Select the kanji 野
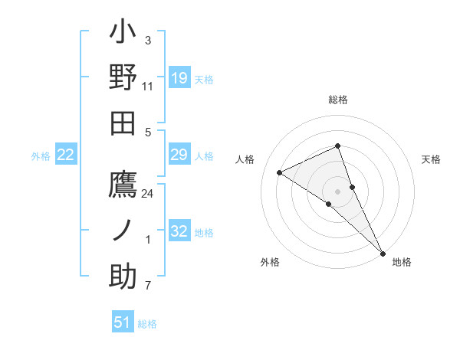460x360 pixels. click(123, 77)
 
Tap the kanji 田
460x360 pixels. click(123, 123)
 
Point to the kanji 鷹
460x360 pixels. click(123, 186)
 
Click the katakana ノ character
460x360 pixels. click(123, 231)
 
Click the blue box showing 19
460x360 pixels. click(179, 78)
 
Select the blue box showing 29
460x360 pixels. click(179, 155)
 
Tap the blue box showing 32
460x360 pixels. click(179, 231)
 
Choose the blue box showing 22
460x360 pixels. click(66, 155)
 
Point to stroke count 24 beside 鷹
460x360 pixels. click(148, 194)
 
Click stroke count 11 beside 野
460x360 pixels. click(148, 86)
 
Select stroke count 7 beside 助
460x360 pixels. click(148, 286)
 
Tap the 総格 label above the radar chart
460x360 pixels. click(338, 100)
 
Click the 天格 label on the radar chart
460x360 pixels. click(431, 159)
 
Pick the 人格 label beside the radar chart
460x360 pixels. click(245, 159)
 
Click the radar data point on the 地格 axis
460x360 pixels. click(382, 251)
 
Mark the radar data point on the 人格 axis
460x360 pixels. click(280, 172)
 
